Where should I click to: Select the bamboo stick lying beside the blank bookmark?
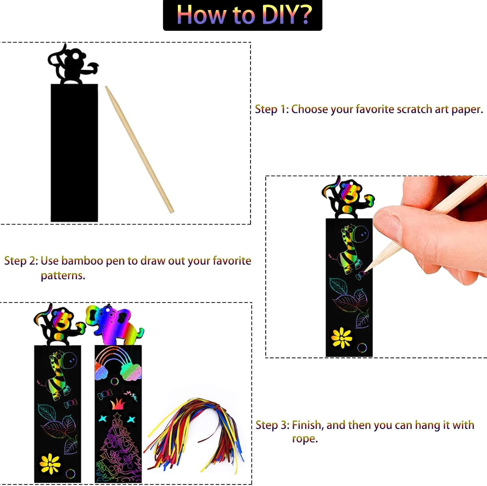pos(140,149)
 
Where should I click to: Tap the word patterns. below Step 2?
pos(63,275)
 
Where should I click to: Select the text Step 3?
pos(272,425)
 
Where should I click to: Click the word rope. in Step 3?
pos(305,439)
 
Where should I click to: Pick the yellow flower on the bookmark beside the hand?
pos(342,338)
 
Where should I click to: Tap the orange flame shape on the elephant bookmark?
pos(118,404)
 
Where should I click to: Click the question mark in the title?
pos(306,15)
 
